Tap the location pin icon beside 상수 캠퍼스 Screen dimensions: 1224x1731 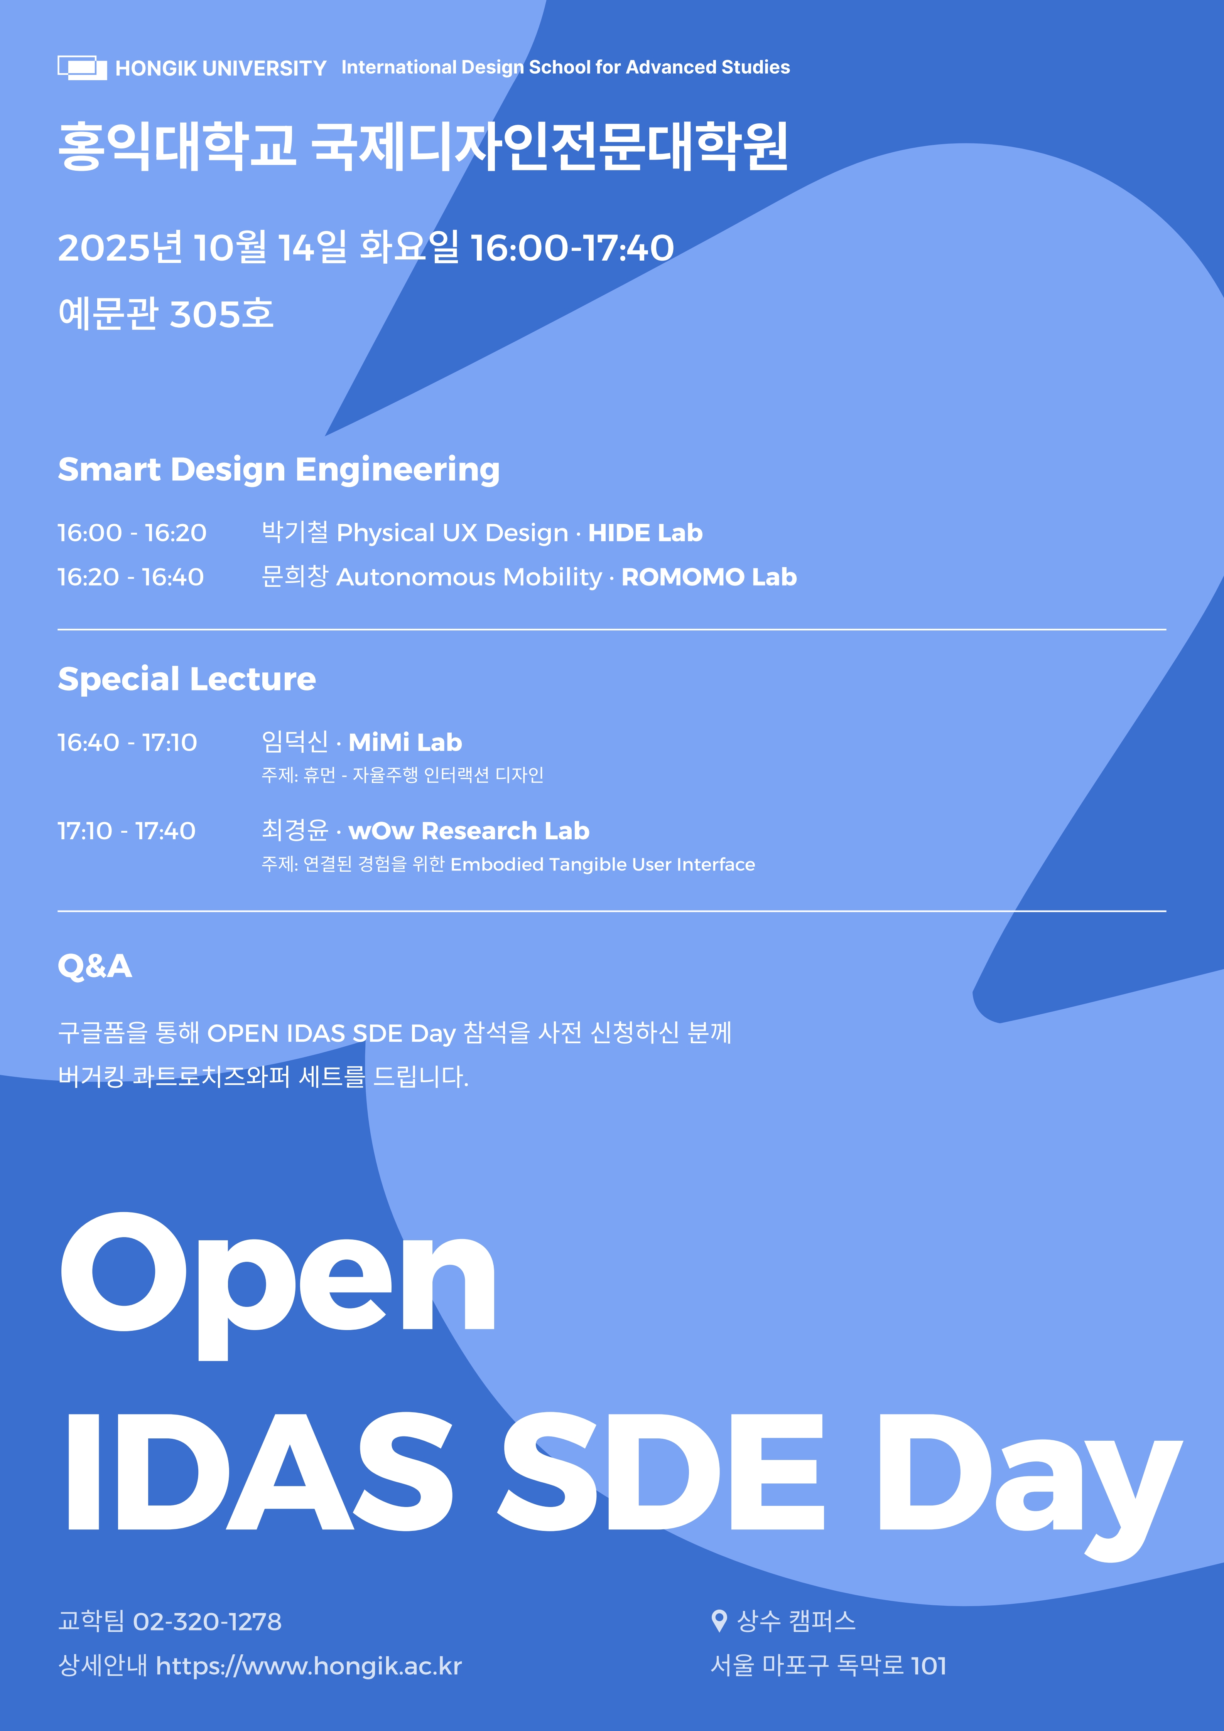[719, 1621]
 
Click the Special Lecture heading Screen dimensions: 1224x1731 [187, 679]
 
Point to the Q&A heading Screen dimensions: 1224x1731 [95, 967]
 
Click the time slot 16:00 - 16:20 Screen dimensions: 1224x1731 [132, 533]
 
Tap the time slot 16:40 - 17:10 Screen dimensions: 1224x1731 [127, 743]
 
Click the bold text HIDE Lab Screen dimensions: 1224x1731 [645, 533]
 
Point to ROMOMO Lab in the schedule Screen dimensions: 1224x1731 [709, 578]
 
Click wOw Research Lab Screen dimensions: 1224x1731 [469, 831]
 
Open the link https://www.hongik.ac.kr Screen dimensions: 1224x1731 [309, 1666]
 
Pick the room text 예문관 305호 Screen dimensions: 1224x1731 [166, 314]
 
